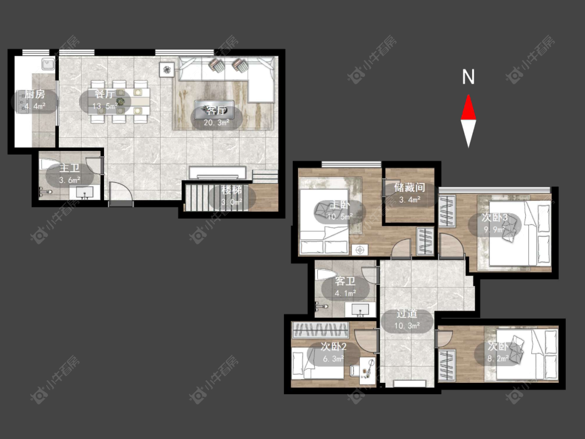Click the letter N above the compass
[468, 77]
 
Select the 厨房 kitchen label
[35, 95]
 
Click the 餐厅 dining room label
[104, 94]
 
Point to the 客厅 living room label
[216, 110]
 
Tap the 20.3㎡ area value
[216, 122]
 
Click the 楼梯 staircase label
[231, 190]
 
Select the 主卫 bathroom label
[69, 169]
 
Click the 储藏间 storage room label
[410, 188]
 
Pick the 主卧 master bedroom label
[340, 204]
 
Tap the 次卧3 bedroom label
[495, 217]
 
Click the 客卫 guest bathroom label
[345, 281]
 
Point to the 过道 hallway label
[407, 314]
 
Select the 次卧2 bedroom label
[333, 347]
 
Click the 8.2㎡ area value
[499, 359]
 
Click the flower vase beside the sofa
[167, 69]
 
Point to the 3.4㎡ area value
[410, 200]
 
